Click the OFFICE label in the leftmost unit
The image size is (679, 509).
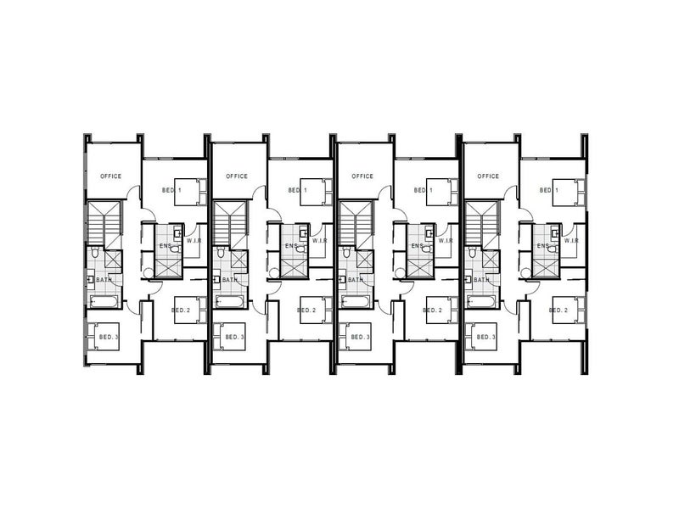111,176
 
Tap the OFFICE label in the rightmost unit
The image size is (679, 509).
488,176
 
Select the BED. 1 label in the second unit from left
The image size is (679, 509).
298,190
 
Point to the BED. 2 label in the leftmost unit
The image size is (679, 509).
181,310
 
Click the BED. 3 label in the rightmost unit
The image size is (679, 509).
486,337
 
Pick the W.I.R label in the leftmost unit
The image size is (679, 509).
194,241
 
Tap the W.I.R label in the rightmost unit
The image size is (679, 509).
570,241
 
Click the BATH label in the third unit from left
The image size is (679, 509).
356,280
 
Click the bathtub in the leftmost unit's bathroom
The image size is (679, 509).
104,301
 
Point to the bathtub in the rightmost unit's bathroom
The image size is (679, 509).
481,301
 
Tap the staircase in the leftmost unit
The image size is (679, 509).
104,224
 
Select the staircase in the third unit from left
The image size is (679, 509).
356,224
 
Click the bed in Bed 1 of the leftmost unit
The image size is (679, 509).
190,193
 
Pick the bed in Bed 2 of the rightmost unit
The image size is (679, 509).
568,310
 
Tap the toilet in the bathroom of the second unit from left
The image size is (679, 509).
221,252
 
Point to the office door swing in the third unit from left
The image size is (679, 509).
384,193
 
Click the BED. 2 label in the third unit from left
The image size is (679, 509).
433,310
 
